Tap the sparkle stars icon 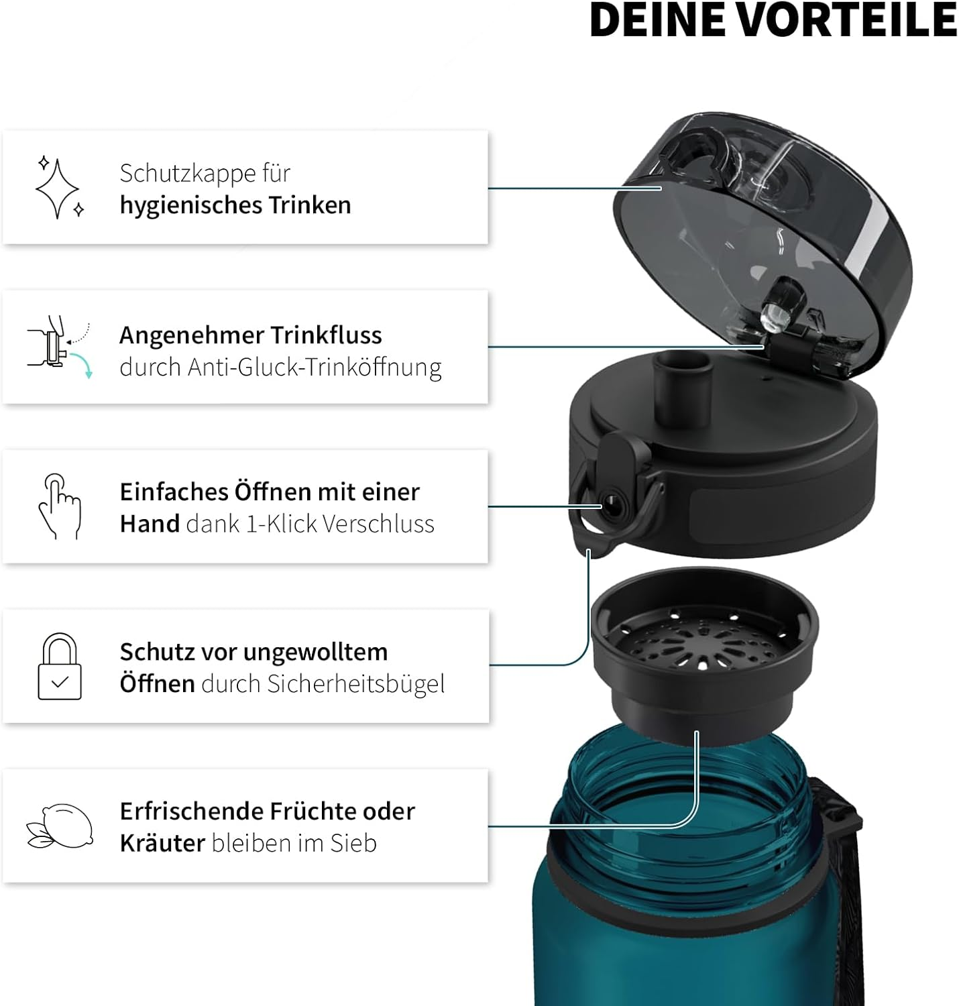click(x=59, y=188)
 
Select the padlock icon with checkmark click(x=60, y=667)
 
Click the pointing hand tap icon click(x=59, y=506)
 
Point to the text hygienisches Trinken click(x=235, y=205)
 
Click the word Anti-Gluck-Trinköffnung click(x=314, y=368)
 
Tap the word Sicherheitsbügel click(x=355, y=684)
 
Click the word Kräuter click(x=162, y=843)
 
